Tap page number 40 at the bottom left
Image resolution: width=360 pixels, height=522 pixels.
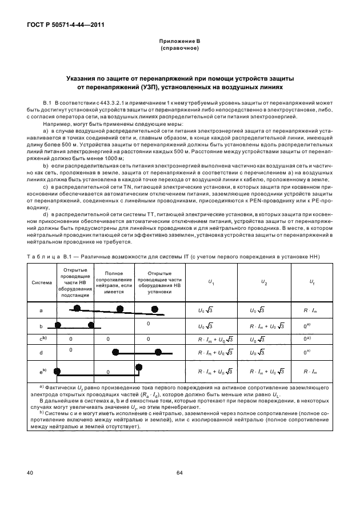tap(30, 473)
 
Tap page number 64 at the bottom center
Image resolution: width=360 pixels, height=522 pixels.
tap(179, 473)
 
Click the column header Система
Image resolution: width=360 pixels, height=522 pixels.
tap(41, 282)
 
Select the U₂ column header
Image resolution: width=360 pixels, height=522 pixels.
tap(263, 282)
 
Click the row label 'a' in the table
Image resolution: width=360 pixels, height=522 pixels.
tap(41, 310)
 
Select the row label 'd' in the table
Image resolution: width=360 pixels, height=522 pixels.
tap(41, 353)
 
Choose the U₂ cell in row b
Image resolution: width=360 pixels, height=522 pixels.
tap(263, 326)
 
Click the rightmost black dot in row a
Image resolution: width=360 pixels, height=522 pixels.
tap(155, 309)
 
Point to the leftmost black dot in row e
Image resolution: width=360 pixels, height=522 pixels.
tap(57, 372)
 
